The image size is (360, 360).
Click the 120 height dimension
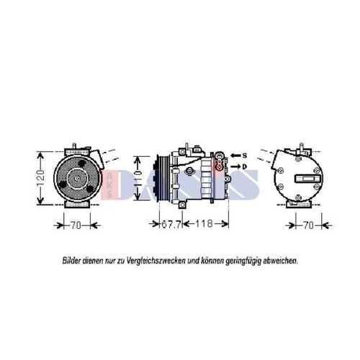[41, 179]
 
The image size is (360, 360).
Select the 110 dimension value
[138, 179]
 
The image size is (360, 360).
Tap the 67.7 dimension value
[171, 225]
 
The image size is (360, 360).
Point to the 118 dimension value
[204, 224]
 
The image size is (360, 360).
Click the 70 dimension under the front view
[76, 225]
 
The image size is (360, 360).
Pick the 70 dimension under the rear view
[308, 225]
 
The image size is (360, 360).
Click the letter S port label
[245, 156]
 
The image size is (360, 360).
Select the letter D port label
[244, 166]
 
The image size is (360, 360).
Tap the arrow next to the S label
[235, 156]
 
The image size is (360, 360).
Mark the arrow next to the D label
[235, 166]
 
